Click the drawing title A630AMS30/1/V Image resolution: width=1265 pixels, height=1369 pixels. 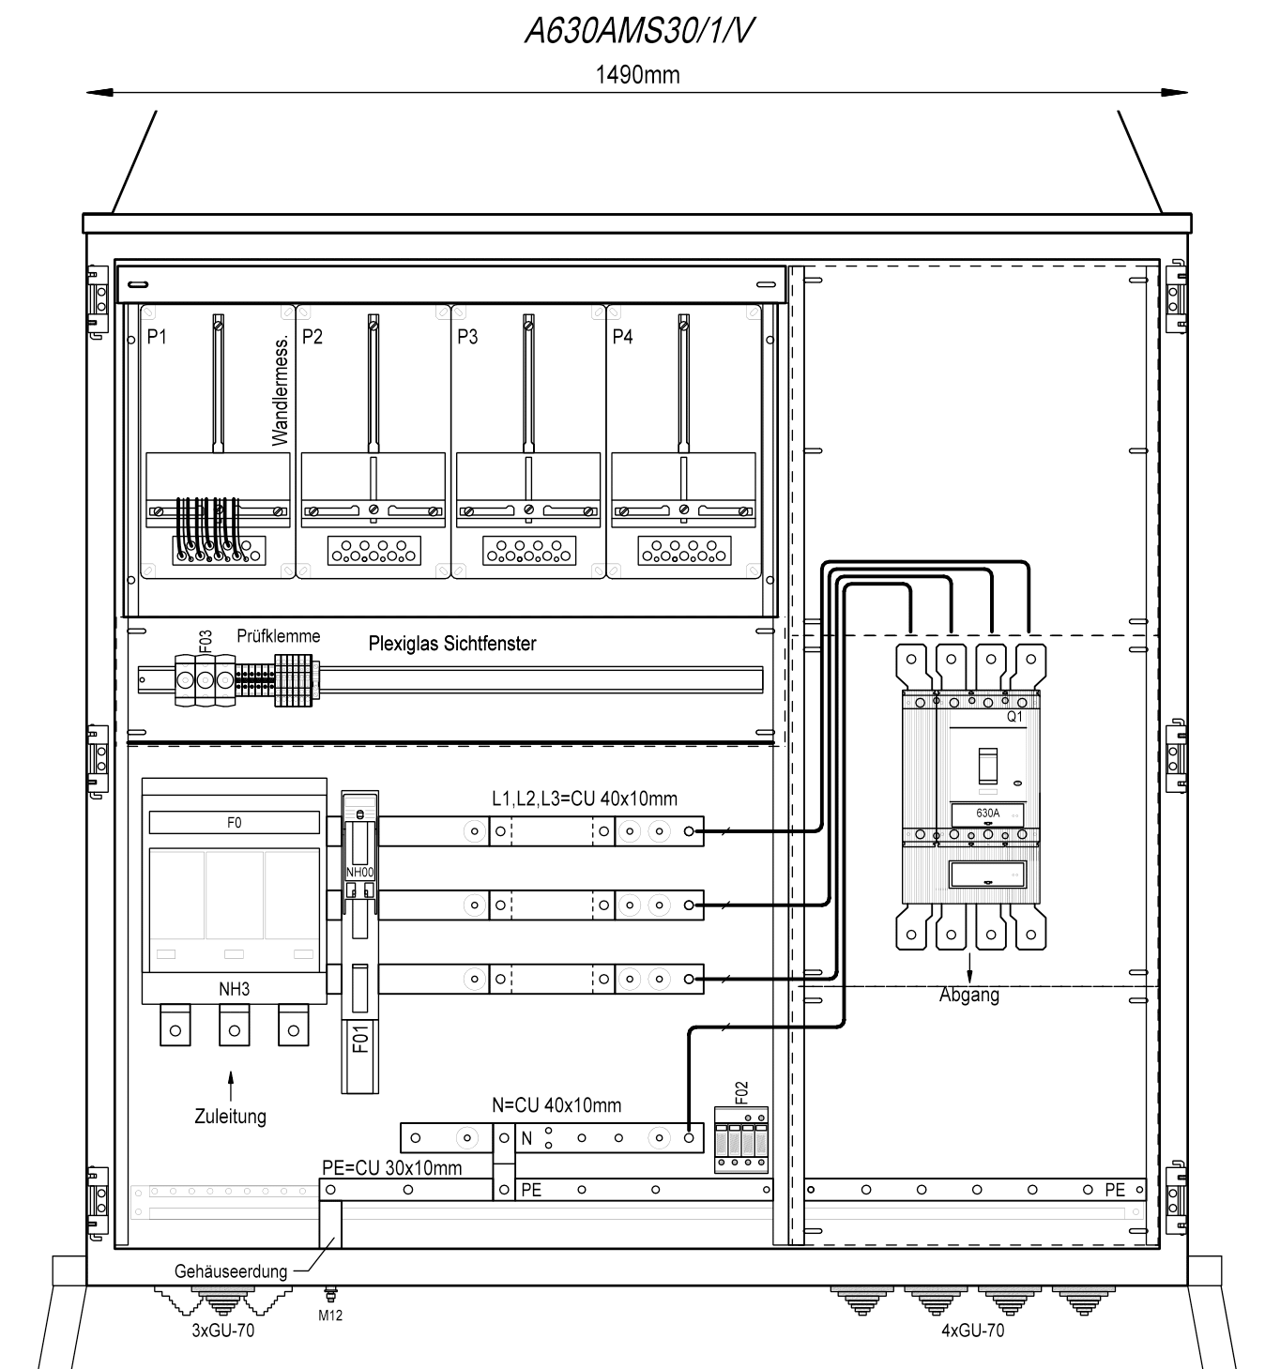[638, 31]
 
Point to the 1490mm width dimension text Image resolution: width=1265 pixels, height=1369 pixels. [637, 74]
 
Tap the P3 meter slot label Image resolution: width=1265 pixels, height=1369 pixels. [467, 337]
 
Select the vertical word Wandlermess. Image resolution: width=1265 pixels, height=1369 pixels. [280, 391]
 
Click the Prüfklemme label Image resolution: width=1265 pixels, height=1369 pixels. [279, 635]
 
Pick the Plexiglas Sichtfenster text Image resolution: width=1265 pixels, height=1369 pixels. [451, 643]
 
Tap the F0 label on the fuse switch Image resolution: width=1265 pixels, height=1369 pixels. [235, 822]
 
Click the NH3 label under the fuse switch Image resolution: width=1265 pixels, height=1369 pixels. [235, 989]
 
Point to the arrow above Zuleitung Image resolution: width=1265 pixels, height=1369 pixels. [231, 1087]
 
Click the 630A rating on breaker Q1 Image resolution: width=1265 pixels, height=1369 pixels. [988, 814]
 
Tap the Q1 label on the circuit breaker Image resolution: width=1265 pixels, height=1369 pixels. [1014, 717]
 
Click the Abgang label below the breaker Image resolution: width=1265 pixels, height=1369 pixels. [969, 996]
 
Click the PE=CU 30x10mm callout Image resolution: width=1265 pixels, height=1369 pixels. [391, 1167]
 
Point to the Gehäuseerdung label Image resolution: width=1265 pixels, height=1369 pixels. [231, 1271]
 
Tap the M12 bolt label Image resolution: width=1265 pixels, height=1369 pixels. [330, 1316]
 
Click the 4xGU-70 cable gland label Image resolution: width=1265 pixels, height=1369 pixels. [972, 1331]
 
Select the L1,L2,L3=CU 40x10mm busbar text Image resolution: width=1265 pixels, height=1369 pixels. [585, 799]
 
